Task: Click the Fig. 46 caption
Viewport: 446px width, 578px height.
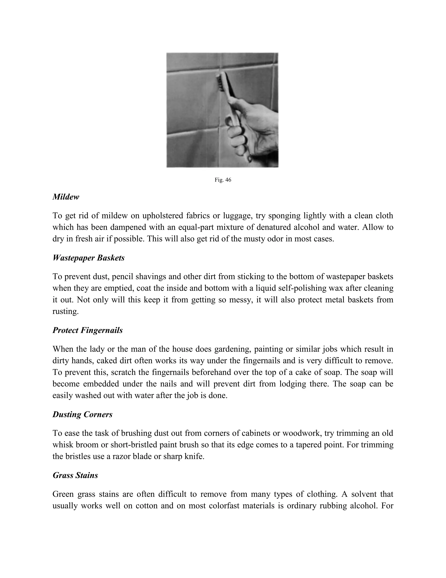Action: [x=223, y=180]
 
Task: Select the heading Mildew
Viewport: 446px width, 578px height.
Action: [x=66, y=197]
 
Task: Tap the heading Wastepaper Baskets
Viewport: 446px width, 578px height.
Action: [x=88, y=258]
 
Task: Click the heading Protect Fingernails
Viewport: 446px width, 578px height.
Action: [x=88, y=330]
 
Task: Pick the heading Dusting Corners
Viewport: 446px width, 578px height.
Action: [x=83, y=414]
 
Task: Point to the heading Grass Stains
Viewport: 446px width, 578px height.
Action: [x=75, y=475]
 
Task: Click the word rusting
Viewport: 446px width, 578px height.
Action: [x=65, y=311]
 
